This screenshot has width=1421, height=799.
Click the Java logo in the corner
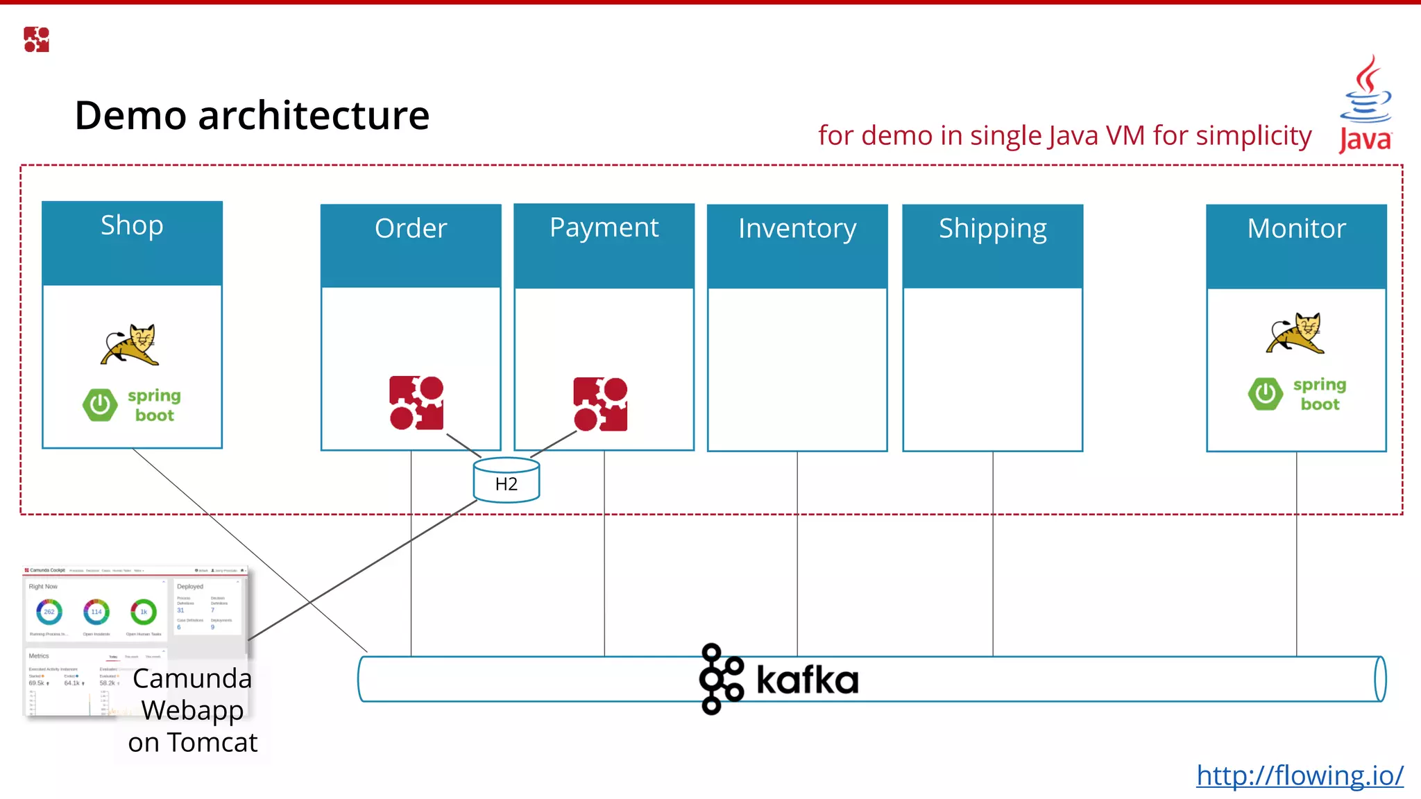click(1365, 104)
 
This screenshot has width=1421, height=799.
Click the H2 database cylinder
click(507, 480)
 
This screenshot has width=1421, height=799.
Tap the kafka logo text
click(807, 680)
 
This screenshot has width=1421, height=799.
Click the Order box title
click(411, 228)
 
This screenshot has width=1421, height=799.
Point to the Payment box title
click(604, 227)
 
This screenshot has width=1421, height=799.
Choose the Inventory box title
click(797, 228)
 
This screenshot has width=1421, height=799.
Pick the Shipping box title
click(992, 228)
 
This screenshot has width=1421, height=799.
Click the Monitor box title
click(1296, 228)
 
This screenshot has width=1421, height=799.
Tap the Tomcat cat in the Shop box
click(130, 344)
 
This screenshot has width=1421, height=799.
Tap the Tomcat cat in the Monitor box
click(1295, 333)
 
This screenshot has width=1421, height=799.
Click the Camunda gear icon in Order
click(416, 403)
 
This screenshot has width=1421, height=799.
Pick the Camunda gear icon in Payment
click(600, 404)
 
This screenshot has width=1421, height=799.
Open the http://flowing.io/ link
click(1300, 775)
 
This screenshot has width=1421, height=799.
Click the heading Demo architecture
click(252, 115)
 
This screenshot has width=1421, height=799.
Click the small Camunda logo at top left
click(36, 40)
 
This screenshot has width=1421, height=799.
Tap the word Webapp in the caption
click(192, 710)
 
